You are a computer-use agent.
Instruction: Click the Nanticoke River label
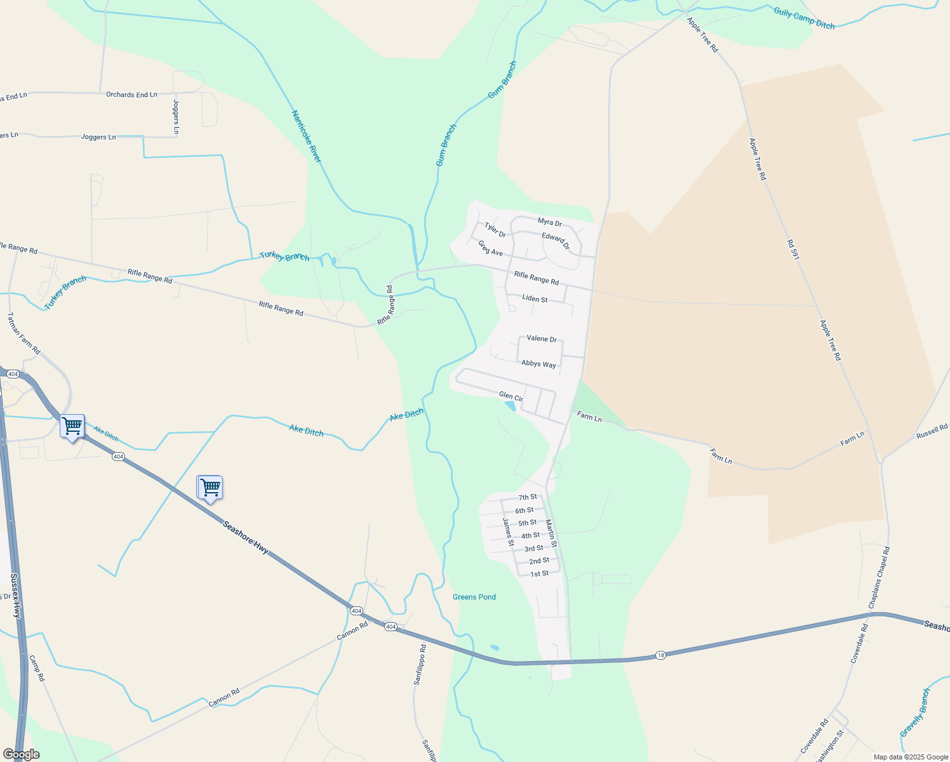pos(307,136)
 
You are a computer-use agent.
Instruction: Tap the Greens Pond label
pos(474,597)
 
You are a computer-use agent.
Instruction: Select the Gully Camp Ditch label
pos(804,18)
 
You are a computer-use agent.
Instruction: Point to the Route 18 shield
pos(660,655)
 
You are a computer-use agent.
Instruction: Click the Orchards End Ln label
pos(131,95)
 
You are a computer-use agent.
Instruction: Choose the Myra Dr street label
pos(549,222)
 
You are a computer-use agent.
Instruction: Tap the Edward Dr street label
pos(556,241)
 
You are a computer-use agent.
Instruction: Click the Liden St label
pos(535,298)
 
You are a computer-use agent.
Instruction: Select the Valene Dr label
pos(542,338)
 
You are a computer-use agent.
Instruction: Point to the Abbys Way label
pos(539,364)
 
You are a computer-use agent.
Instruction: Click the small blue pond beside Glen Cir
pos(509,405)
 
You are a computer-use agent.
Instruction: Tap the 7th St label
pos(527,497)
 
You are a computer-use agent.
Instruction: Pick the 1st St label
pos(539,573)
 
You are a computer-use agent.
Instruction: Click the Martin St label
pos(551,533)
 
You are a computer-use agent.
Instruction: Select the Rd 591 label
pos(793,250)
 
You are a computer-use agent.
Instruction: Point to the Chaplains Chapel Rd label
pos(880,577)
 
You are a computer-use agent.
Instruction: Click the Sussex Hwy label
pos(16,596)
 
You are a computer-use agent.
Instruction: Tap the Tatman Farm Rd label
pos(23,333)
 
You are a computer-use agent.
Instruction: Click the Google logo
pos(21,754)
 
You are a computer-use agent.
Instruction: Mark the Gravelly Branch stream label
pos(915,713)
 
